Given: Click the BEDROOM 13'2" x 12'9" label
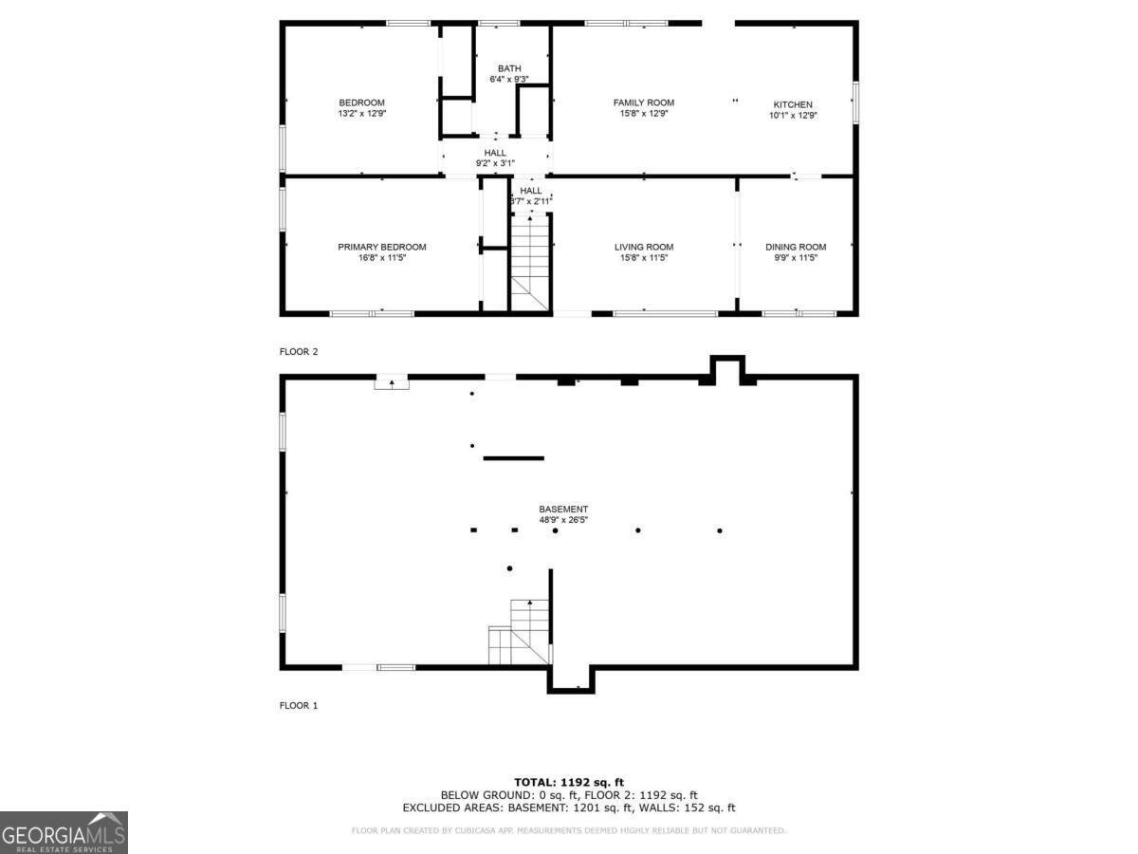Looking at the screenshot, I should click(362, 107).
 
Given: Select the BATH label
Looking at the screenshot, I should click(509, 68).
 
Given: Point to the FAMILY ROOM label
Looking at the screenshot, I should click(644, 102).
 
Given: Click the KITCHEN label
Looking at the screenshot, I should click(793, 104).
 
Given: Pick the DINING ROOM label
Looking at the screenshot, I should click(796, 247).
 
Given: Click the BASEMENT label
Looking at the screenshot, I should click(563, 509).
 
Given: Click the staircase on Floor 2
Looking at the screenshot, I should click(531, 261).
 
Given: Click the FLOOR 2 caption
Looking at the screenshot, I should click(299, 352).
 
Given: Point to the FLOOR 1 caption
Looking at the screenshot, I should click(299, 706).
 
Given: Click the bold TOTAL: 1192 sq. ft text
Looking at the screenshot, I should click(568, 781).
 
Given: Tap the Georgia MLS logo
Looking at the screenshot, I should click(64, 832).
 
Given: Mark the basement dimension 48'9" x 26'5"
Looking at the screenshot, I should click(563, 520).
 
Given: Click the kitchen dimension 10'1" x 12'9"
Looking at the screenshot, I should click(793, 116).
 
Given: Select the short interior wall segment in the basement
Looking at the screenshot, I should click(514, 458).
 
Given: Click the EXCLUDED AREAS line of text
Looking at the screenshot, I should click(568, 808).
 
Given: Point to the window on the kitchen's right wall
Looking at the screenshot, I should click(855, 102).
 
